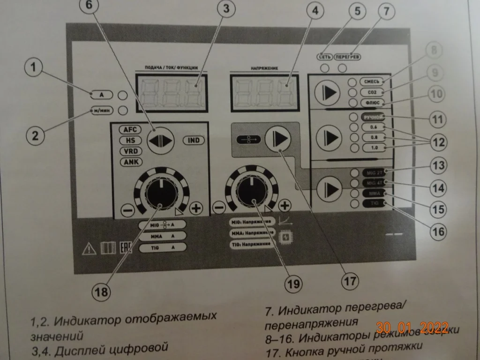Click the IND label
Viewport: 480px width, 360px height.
tap(193, 140)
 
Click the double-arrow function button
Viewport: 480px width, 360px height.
tap(160, 139)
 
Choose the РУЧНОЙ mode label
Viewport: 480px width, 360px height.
tap(374, 117)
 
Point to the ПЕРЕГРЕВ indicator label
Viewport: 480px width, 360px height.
tap(348, 57)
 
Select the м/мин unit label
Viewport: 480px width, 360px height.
tap(101, 111)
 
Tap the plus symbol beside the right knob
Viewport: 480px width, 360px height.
tap(284, 205)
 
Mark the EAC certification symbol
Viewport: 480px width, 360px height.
tap(125, 248)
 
